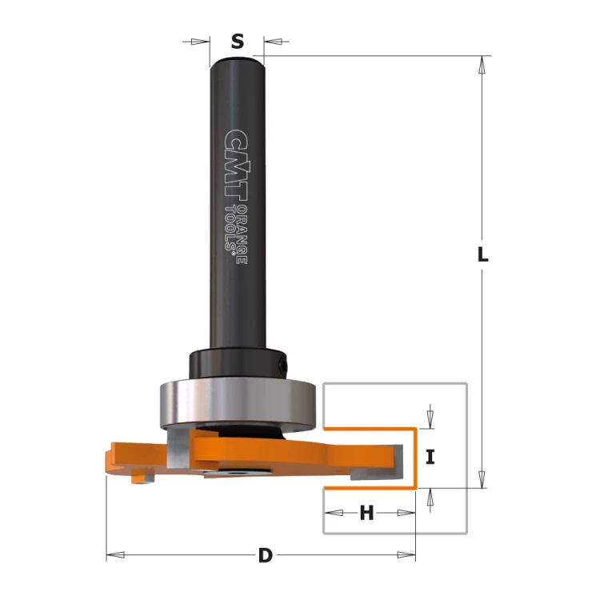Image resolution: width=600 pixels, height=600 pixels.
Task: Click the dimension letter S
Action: coord(237,42)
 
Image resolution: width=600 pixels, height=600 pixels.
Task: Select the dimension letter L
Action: coord(482,255)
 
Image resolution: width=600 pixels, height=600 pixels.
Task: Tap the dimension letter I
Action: coord(430,458)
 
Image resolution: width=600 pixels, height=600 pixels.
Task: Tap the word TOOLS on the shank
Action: coord(232,228)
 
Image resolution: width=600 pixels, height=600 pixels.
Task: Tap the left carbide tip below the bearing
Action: coord(178,447)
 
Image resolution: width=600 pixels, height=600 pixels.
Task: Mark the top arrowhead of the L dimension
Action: coord(482,64)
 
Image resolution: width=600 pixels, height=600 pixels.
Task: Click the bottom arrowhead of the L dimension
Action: coord(482,479)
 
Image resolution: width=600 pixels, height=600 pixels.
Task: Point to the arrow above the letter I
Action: coord(430,417)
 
